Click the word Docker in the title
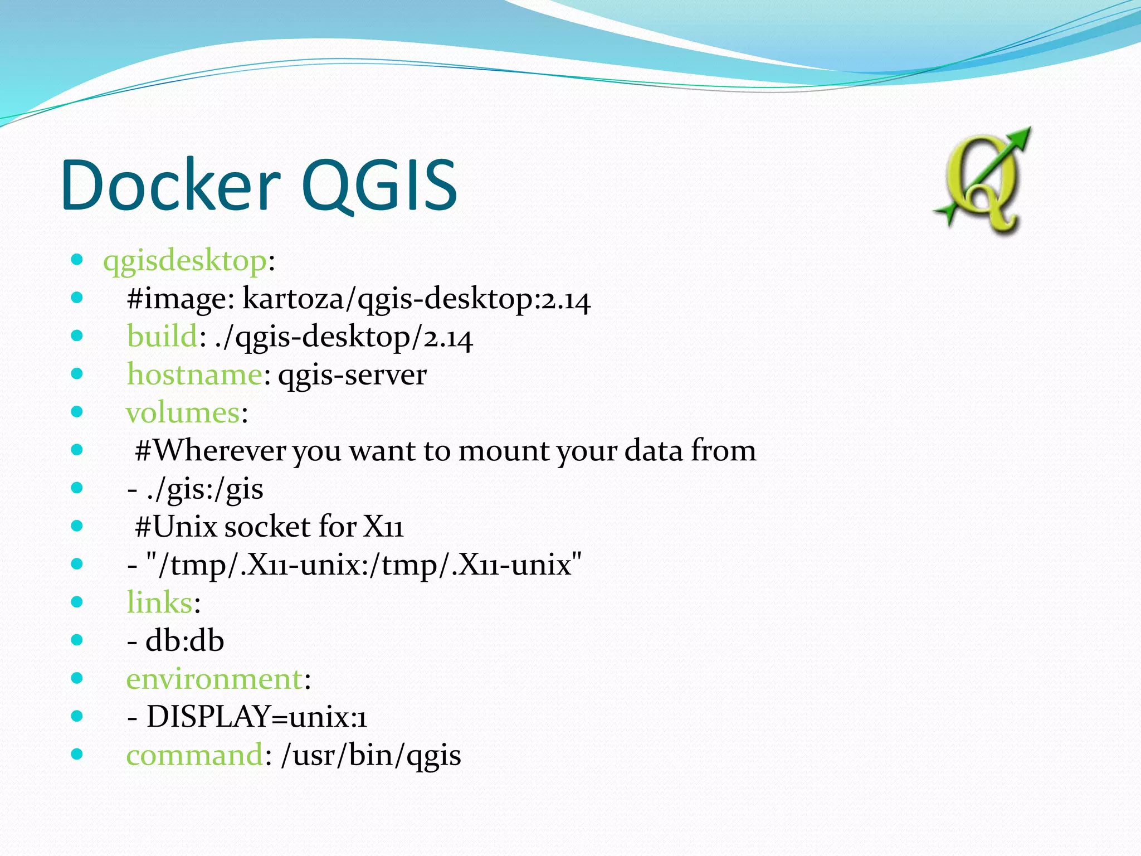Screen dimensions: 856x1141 pos(170,185)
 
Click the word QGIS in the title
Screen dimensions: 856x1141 pos(379,185)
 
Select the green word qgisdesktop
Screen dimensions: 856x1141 pos(185,261)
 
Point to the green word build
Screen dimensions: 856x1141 pos(162,337)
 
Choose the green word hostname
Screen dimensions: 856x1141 pos(194,374)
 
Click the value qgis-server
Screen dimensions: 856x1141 pos(352,374)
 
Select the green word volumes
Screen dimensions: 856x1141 pos(183,413)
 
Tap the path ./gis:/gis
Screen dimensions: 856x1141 pos(203,489)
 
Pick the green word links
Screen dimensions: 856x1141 pos(159,602)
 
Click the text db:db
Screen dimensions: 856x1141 pos(184,641)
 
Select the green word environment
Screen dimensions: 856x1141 pos(214,679)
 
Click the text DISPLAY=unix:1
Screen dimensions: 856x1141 pos(256,717)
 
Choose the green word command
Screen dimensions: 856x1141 pos(194,755)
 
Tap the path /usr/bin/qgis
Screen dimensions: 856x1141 pos(371,755)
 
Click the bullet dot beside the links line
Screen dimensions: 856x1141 pos(77,602)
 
